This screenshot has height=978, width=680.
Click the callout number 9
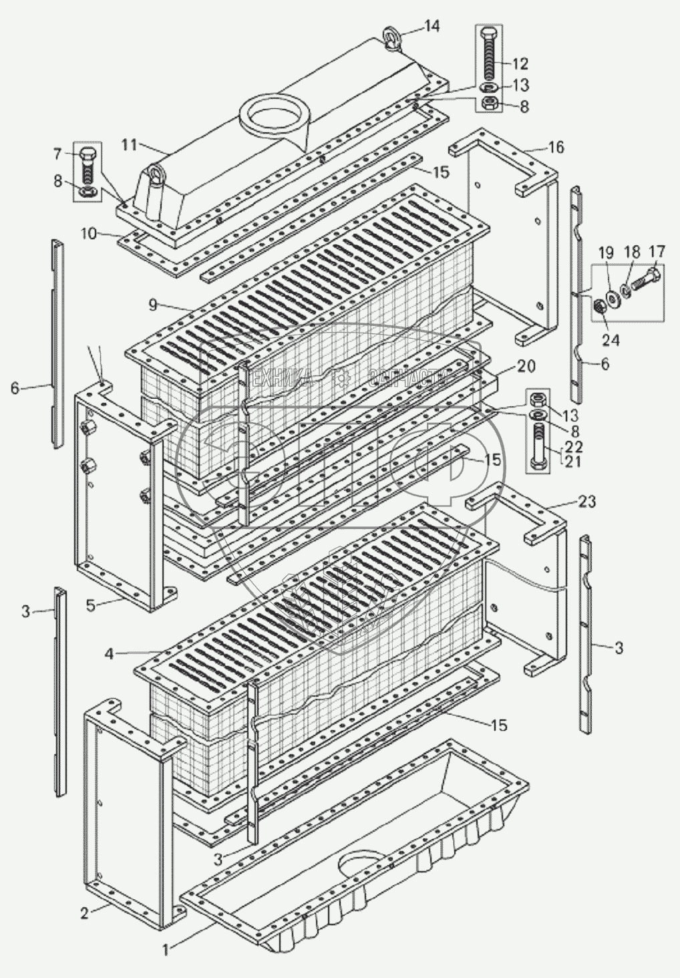click(153, 305)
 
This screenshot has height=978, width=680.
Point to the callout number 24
click(611, 340)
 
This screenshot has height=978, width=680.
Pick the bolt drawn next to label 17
click(645, 277)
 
